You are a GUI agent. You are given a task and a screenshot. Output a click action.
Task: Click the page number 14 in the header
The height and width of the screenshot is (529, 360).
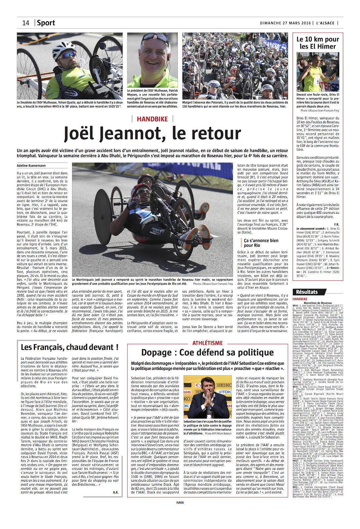click(x=26, y=23)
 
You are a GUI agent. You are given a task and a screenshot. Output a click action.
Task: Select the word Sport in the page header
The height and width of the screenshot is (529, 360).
click(x=46, y=23)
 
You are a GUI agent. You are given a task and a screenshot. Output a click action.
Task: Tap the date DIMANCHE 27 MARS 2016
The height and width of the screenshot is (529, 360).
click(x=285, y=23)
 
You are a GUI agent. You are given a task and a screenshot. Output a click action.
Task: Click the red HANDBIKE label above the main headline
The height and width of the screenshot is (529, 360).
click(x=152, y=119)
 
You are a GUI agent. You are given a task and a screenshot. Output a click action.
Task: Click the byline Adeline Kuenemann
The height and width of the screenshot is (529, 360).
click(x=31, y=166)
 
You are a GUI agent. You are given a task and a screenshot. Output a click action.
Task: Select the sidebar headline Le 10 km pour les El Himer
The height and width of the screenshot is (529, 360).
click(x=317, y=43)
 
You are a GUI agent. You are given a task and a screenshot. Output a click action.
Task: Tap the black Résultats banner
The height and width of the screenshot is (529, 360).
click(x=307, y=292)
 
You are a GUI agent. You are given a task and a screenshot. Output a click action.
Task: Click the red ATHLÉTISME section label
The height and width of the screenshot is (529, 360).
click(x=208, y=343)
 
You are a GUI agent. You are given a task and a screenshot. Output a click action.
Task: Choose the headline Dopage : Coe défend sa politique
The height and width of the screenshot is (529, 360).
click(x=207, y=352)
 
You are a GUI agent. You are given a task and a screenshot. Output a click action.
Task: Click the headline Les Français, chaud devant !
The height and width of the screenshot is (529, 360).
click(x=69, y=347)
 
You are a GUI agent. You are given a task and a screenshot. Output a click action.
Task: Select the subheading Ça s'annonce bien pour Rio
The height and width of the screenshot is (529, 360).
click(x=261, y=243)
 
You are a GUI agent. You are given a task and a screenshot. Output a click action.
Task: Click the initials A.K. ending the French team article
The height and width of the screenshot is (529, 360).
click(x=116, y=492)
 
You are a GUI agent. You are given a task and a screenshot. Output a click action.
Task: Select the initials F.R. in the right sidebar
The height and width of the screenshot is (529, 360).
click(x=337, y=224)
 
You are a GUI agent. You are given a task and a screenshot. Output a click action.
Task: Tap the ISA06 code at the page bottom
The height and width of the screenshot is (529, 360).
click(x=180, y=503)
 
